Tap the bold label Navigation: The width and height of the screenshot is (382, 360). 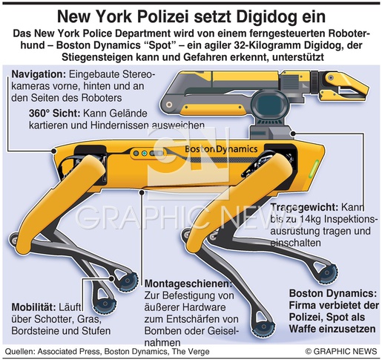pos(39,74)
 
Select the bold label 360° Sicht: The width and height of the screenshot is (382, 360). pos(54,113)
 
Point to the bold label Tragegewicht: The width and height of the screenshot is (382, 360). pos(304,207)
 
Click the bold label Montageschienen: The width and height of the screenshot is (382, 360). pos(188,284)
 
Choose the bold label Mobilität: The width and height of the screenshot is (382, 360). pos(34,307)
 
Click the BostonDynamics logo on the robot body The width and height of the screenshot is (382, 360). pos(221,148)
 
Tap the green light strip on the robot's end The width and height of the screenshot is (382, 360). pos(317,168)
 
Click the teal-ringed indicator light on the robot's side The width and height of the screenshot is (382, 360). pos(145,154)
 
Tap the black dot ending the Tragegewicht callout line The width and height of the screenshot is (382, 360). pos(293,134)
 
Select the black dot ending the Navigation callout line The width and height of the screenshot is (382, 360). pos(53,151)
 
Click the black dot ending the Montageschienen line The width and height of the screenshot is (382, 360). pos(142,192)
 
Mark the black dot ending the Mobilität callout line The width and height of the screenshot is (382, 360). pos(111,278)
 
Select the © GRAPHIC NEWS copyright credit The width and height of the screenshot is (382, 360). pos(341,351)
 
